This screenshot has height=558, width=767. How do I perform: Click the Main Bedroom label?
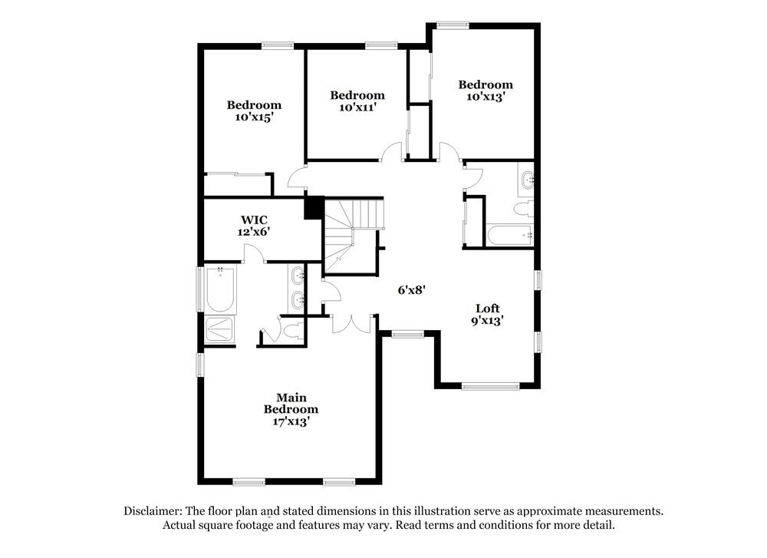(291, 403)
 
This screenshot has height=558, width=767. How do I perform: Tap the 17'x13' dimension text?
(291, 421)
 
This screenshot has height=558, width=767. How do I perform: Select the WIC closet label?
(254, 220)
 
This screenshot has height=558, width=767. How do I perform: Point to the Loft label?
(487, 309)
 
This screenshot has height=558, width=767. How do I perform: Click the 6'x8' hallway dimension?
(411, 290)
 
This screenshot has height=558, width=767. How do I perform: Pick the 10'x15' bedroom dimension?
(254, 117)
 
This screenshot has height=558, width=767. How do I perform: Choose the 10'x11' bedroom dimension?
(357, 107)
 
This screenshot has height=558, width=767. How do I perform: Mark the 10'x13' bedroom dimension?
(486, 97)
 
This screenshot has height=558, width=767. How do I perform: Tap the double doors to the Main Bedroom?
(352, 323)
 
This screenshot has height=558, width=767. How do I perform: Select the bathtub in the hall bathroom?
(509, 235)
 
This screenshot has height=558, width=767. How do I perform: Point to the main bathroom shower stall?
(220, 329)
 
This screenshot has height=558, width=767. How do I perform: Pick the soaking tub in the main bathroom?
(221, 289)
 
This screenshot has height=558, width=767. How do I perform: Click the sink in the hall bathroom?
(527, 180)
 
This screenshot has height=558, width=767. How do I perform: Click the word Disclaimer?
(150, 510)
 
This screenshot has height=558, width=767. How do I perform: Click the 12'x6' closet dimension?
(254, 230)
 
